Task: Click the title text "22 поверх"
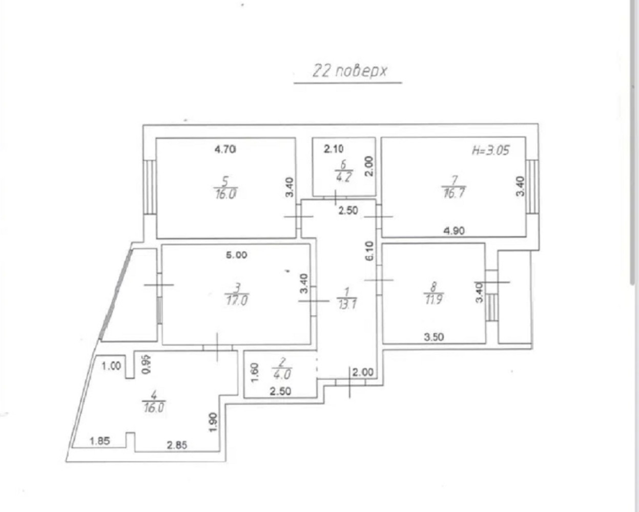click(350, 71)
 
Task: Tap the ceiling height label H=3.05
click(490, 151)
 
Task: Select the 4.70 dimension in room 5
click(225, 149)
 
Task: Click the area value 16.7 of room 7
click(454, 194)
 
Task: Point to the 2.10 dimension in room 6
click(334, 148)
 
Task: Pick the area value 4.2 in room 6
click(343, 178)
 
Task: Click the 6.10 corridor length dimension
click(369, 251)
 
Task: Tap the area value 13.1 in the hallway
click(347, 304)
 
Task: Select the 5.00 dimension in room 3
click(236, 255)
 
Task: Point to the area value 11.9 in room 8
click(434, 299)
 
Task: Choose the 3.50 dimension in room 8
click(434, 337)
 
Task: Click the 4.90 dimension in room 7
click(454, 230)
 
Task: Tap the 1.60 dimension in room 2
click(255, 373)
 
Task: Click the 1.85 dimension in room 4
click(100, 441)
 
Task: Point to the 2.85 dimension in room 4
click(177, 445)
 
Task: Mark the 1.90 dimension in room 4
click(213, 422)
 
